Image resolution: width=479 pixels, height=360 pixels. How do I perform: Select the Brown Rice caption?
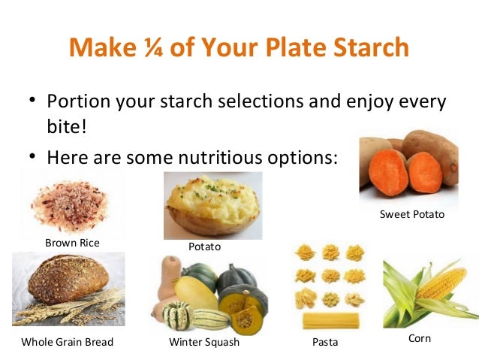72,243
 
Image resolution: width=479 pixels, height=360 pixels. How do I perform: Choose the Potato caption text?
205,246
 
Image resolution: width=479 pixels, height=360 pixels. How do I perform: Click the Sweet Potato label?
412,214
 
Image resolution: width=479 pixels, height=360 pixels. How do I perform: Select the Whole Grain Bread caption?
68,342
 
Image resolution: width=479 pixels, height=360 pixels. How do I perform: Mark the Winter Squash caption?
204,342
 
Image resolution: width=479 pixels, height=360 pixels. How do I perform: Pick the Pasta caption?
324,342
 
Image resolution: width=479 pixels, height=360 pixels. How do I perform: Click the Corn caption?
420,338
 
